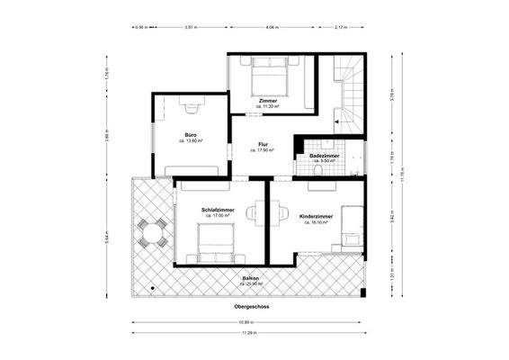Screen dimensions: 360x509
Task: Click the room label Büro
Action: point(191,135)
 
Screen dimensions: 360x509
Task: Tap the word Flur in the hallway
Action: point(263,144)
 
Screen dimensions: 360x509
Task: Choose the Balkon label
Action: point(251,280)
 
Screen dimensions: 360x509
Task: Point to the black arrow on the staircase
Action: point(336,119)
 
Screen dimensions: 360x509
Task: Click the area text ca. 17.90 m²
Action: point(263,150)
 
